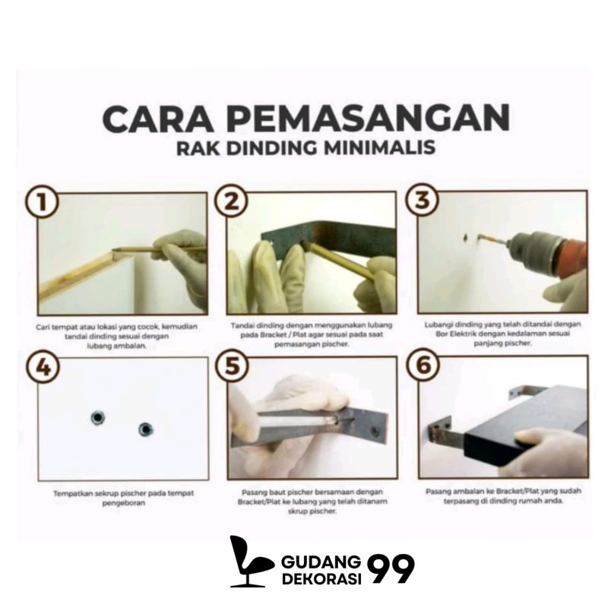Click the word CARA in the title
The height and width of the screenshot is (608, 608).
[158, 118]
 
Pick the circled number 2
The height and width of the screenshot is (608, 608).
[232, 201]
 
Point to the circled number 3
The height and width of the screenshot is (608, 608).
[423, 200]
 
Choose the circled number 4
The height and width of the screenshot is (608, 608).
[43, 367]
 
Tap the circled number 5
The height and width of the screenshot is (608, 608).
[233, 366]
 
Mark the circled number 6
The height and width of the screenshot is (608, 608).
[423, 365]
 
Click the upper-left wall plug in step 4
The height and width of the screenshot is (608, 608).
[97, 417]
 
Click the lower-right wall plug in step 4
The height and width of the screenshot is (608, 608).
[145, 429]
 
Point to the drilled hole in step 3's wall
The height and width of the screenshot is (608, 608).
[467, 236]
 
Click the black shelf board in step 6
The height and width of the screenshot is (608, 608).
[527, 425]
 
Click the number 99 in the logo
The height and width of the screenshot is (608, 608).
[391, 568]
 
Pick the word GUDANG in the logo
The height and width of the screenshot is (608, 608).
[321, 562]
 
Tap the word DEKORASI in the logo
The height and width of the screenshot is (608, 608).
[321, 578]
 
